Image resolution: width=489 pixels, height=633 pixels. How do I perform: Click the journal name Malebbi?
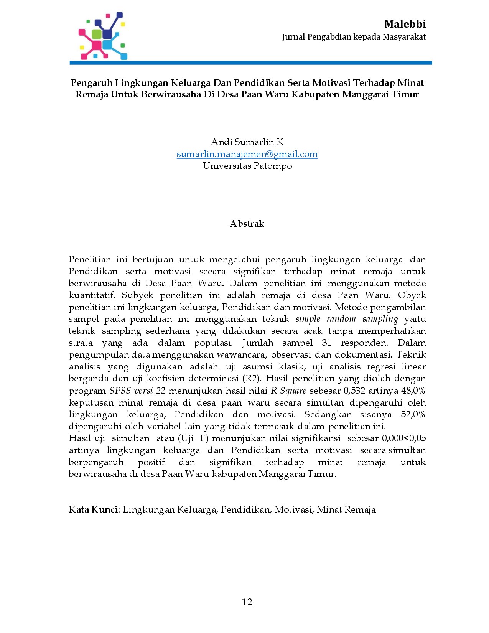pos(405,24)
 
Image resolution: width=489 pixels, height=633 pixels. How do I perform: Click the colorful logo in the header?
pos(102,36)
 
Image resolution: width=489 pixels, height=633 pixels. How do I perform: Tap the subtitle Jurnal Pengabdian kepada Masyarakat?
pos(354,37)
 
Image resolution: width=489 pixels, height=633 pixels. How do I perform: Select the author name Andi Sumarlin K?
pos(247,142)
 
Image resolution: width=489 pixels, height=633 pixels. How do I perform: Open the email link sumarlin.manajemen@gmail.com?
pos(247,154)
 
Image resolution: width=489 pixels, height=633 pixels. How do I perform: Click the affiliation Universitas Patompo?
pos(247,166)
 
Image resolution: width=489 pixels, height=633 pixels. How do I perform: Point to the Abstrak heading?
pos(247,224)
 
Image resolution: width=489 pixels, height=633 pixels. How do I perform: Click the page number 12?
pos(247,602)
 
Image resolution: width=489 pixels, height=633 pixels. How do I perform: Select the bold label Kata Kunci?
pos(94,509)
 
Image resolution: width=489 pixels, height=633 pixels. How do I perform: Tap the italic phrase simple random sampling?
pos(347,319)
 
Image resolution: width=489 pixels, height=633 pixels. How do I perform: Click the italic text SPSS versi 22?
pos(137,391)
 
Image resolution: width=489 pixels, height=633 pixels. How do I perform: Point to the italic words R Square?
pos(288,391)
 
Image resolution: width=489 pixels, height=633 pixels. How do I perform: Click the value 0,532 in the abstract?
pos(355,391)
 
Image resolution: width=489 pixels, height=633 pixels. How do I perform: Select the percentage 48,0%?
pos(413,391)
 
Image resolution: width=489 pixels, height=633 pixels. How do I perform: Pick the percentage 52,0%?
pos(413,414)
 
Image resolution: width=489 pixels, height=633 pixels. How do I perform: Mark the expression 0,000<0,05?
pos(403,438)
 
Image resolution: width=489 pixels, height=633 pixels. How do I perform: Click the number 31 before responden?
pos(327,343)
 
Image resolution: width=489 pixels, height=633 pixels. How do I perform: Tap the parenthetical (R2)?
pos(252,378)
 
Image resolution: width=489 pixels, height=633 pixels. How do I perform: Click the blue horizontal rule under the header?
pos(250,63)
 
